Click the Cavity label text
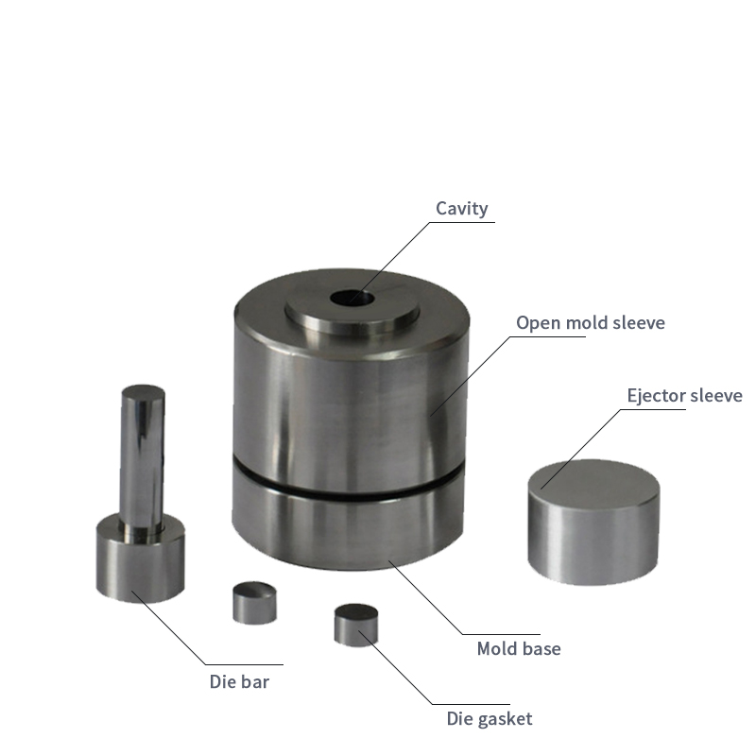pyautogui.click(x=461, y=209)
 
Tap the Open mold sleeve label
pyautogui.click(x=590, y=323)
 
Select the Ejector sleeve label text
pyautogui.click(x=684, y=395)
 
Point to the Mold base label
pyautogui.click(x=519, y=649)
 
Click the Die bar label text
pyautogui.click(x=239, y=681)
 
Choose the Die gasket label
pyautogui.click(x=490, y=719)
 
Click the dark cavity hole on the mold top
pyautogui.click(x=352, y=298)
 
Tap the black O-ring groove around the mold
pyautogui.click(x=348, y=485)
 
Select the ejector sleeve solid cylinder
pyautogui.click(x=593, y=523)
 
